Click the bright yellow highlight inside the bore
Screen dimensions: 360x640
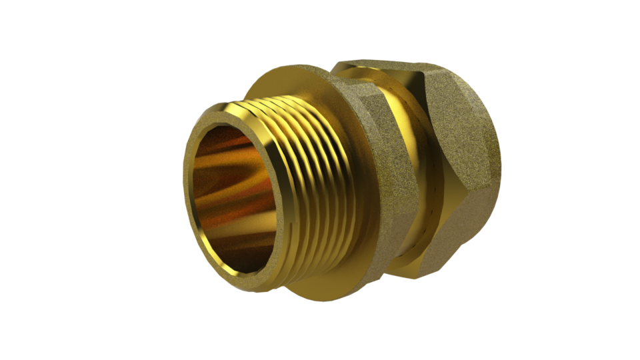(220, 160)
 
